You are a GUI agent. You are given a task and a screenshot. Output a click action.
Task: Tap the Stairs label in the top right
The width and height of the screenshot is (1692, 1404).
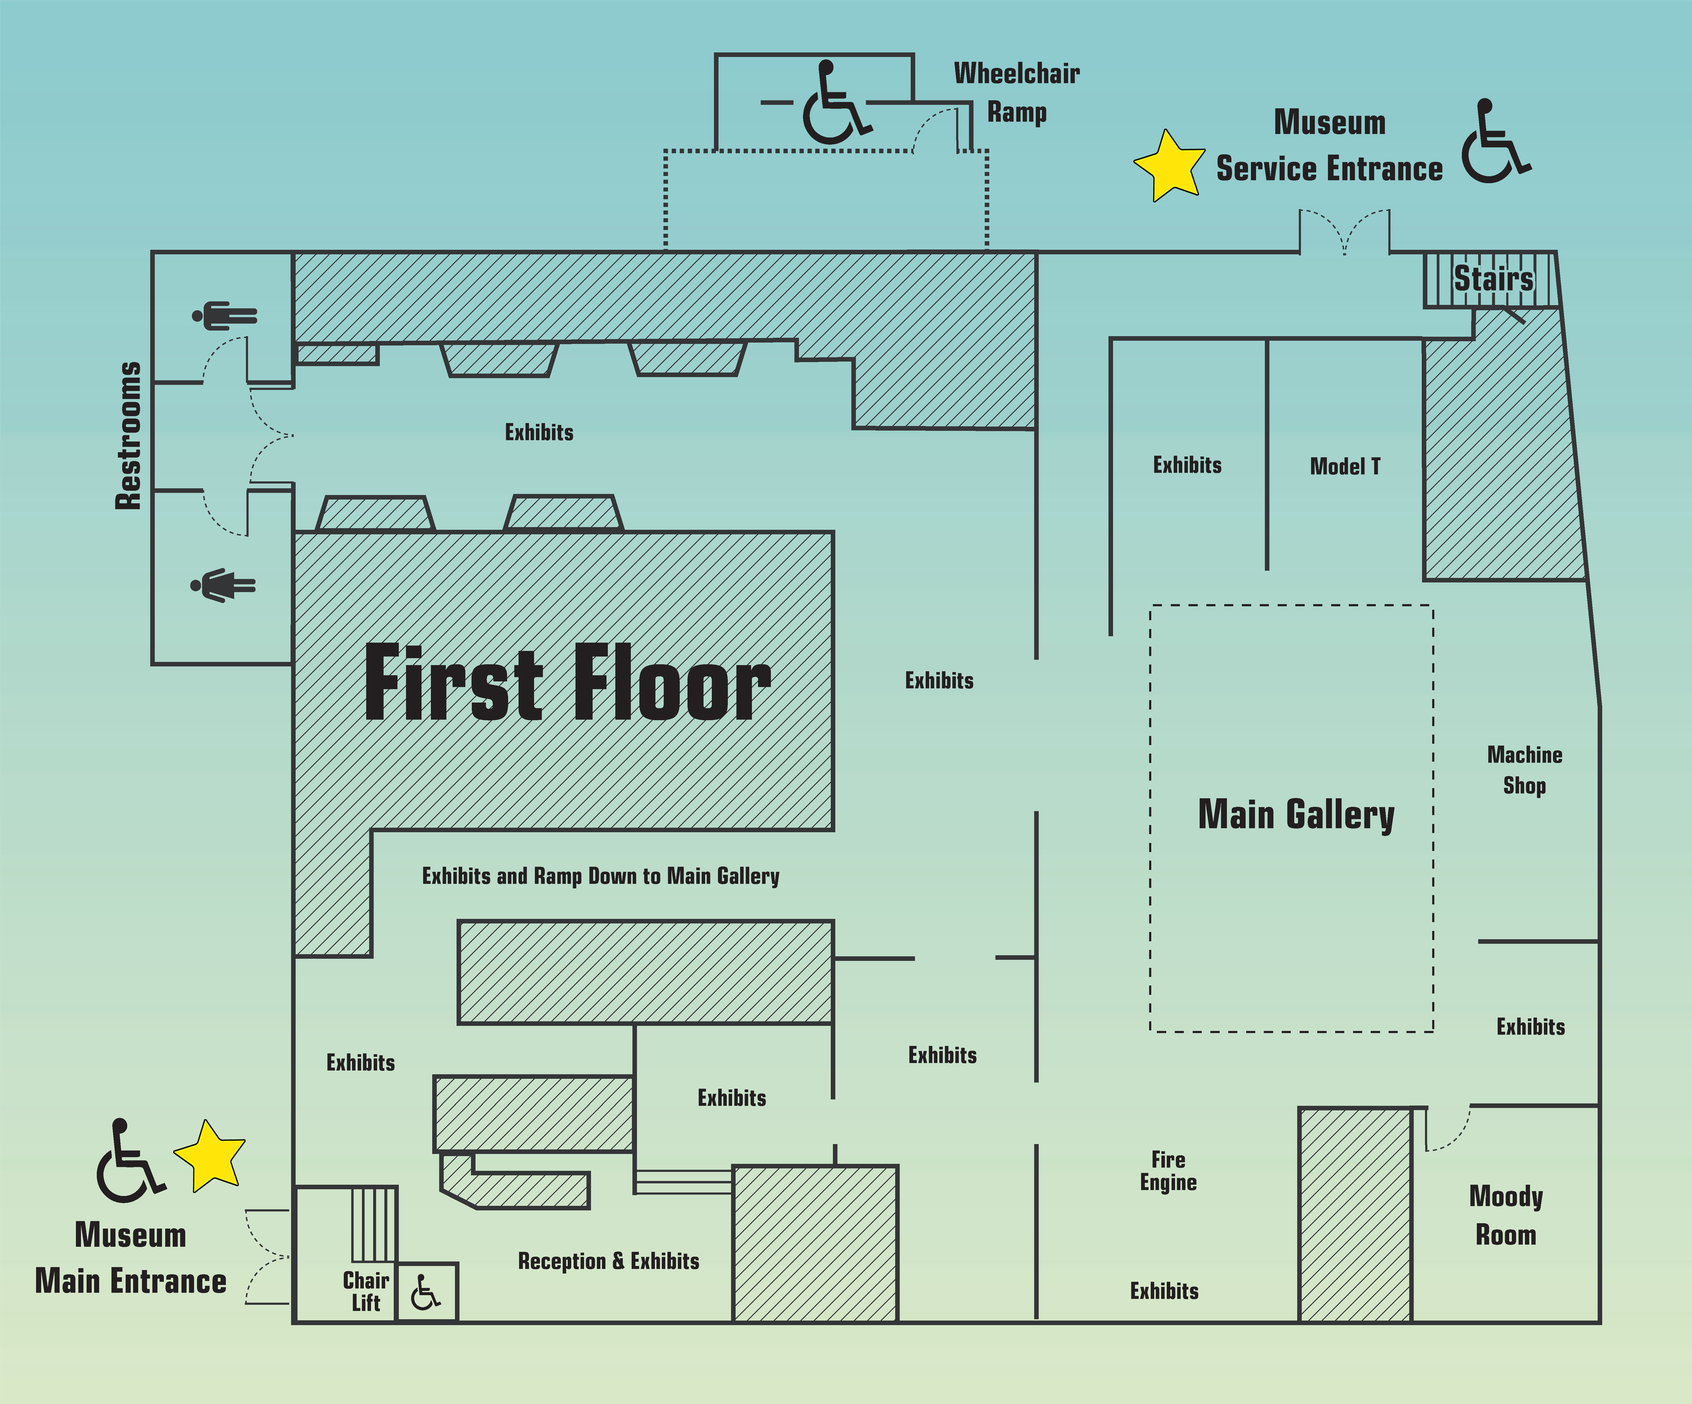[1493, 279]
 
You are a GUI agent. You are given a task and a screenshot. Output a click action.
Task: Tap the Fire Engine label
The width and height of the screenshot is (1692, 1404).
[1168, 1171]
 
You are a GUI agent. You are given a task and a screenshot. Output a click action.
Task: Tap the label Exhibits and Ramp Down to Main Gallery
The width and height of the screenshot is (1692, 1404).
[600, 876]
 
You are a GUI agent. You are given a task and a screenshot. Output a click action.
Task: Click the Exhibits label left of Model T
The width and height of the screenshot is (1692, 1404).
[1187, 465]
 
